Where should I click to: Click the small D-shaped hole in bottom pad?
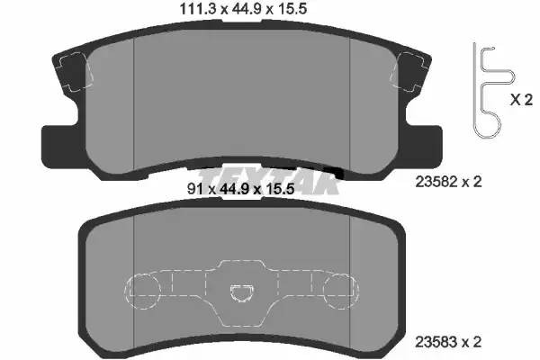pos(241,292)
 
